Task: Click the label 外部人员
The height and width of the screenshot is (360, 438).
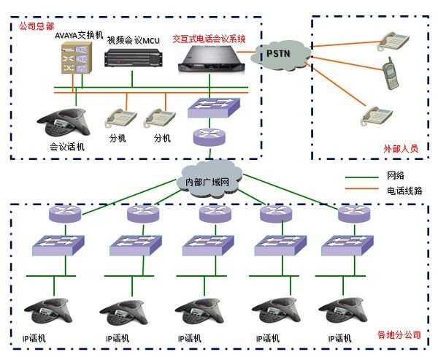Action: tap(401, 148)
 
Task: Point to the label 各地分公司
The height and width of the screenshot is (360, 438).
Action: tap(399, 335)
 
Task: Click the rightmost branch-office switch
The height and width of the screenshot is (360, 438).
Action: tap(343, 246)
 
